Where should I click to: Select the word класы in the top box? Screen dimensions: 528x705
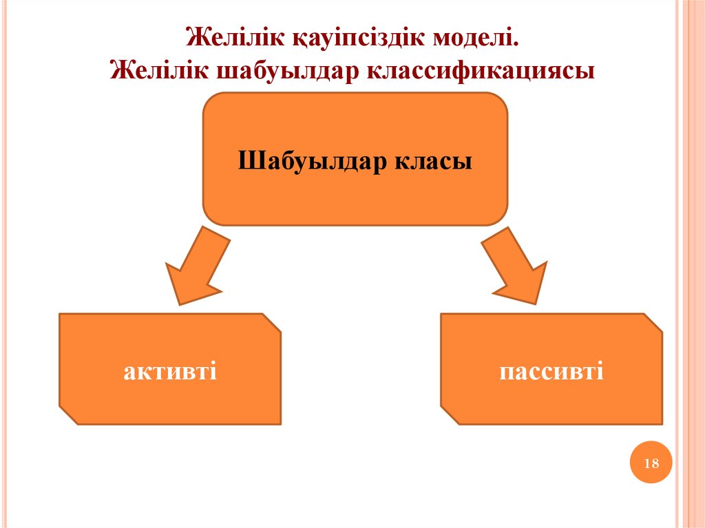click(x=433, y=162)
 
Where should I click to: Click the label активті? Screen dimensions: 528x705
click(x=171, y=372)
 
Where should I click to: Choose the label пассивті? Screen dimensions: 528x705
click(x=551, y=372)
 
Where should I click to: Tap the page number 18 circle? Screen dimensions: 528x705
click(x=651, y=463)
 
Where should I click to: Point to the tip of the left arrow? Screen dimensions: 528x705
click(x=180, y=302)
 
